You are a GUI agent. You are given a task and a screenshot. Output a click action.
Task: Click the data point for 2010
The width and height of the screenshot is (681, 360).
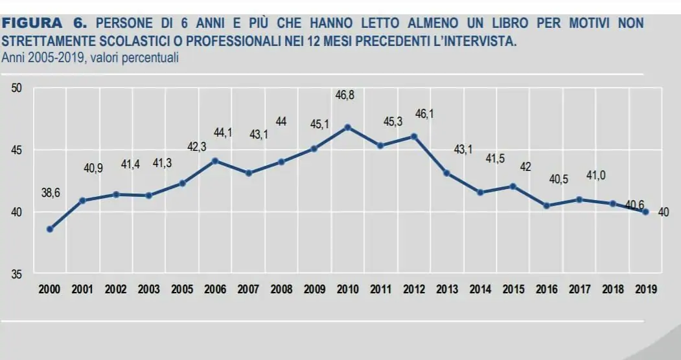coord(348,127)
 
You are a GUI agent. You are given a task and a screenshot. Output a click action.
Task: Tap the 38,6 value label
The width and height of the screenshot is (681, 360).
coord(51,193)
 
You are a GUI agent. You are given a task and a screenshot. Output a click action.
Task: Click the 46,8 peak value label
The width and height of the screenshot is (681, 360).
coord(345,95)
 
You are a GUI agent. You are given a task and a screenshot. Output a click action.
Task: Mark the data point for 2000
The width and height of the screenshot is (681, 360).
coord(50,229)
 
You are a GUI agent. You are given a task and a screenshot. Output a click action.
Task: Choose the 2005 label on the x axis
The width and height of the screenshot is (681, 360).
coord(182,289)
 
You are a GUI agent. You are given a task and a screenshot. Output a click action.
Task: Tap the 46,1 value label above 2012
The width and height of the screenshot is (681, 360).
coord(424,115)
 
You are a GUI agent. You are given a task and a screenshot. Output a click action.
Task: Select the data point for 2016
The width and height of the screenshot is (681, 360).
coord(547,206)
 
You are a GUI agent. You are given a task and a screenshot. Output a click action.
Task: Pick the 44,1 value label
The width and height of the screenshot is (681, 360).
coord(223,133)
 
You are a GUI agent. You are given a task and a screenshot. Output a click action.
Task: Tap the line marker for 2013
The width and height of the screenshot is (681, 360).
coord(447,173)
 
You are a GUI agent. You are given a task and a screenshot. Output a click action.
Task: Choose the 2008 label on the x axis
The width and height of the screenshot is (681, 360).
coord(281,289)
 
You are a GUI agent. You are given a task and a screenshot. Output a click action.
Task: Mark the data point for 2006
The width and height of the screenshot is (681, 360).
coord(215,161)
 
